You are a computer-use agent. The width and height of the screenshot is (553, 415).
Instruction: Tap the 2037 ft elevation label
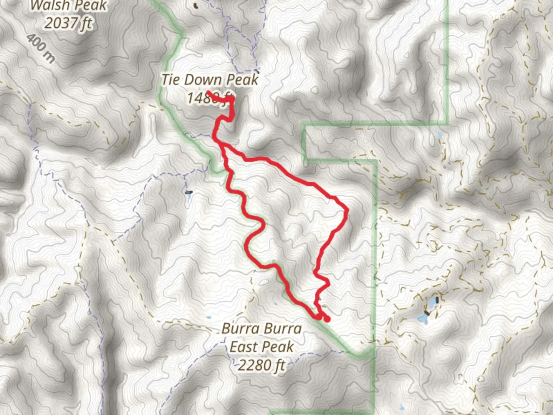[68, 23]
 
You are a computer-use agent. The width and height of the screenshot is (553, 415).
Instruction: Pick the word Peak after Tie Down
[243, 80]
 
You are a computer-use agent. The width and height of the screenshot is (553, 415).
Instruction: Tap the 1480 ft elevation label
[210, 98]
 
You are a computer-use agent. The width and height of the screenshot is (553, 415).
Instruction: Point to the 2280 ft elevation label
[262, 365]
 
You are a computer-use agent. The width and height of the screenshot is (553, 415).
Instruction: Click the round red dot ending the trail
[327, 319]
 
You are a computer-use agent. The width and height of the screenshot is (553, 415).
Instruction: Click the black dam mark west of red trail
[188, 192]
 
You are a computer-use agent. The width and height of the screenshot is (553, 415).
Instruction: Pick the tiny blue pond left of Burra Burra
[209, 318]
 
